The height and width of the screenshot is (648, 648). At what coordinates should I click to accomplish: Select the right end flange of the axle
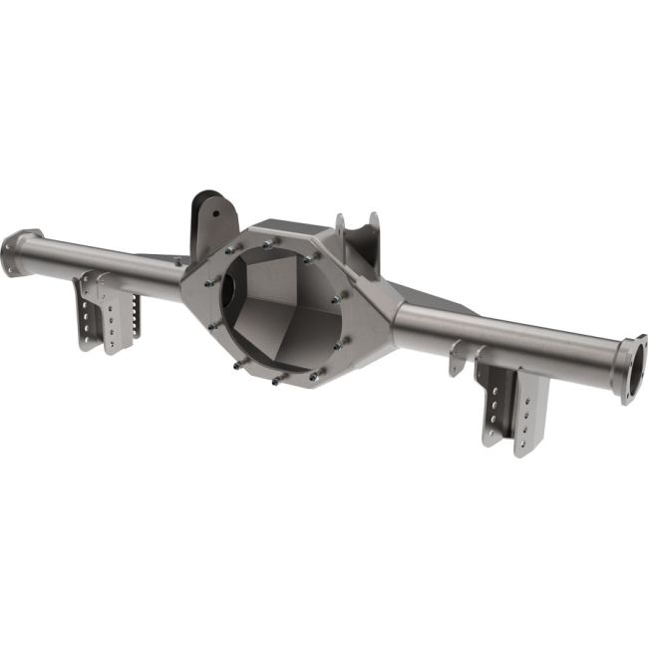coord(632,368)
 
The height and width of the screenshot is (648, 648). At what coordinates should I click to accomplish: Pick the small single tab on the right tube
coord(457,357)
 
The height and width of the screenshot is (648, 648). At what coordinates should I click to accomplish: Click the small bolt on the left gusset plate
coord(182,260)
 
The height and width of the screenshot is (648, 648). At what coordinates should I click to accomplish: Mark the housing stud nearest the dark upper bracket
coord(231,250)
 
